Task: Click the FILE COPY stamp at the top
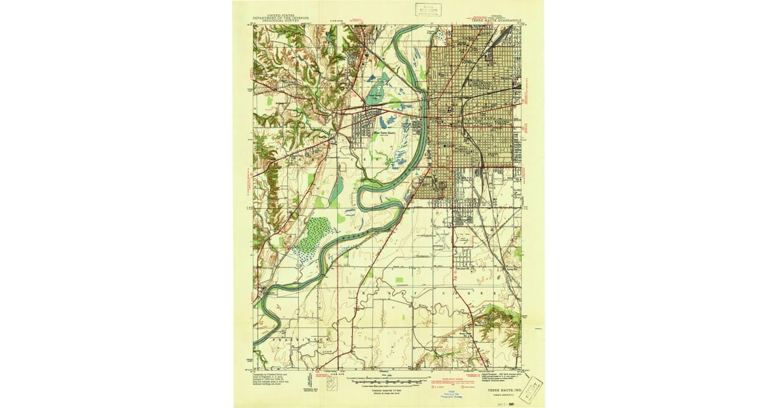pyautogui.click(x=429, y=10)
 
